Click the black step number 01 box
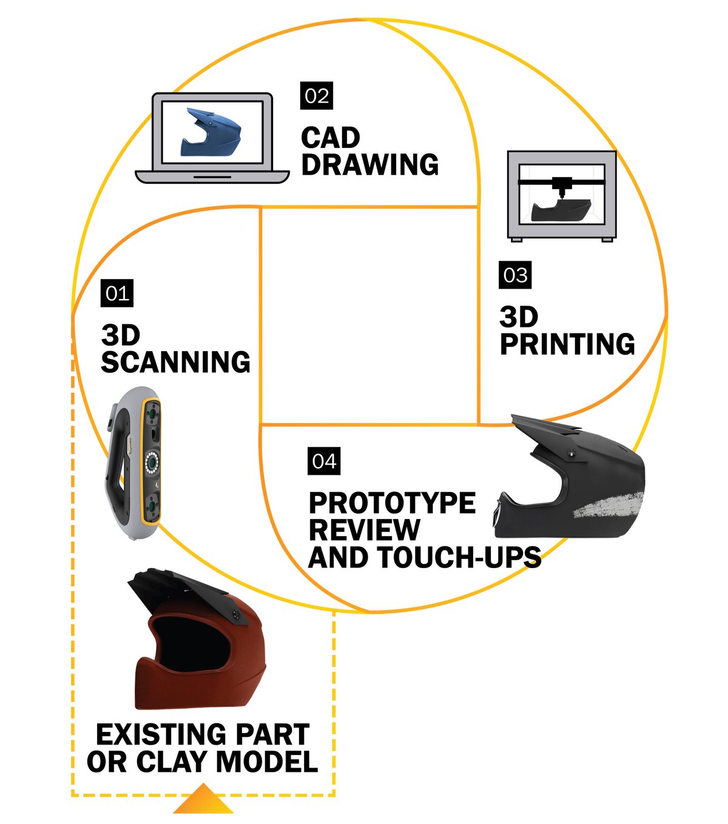click(x=117, y=293)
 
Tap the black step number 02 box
click(x=317, y=96)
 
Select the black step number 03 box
click(x=516, y=275)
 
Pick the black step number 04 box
click(x=325, y=461)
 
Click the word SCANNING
click(x=176, y=362)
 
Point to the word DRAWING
click(x=370, y=164)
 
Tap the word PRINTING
click(x=568, y=344)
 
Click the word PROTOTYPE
click(x=393, y=503)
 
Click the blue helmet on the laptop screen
click(x=211, y=133)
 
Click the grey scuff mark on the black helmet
click(x=609, y=506)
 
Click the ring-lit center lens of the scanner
click(x=152, y=462)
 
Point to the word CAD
click(x=331, y=138)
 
